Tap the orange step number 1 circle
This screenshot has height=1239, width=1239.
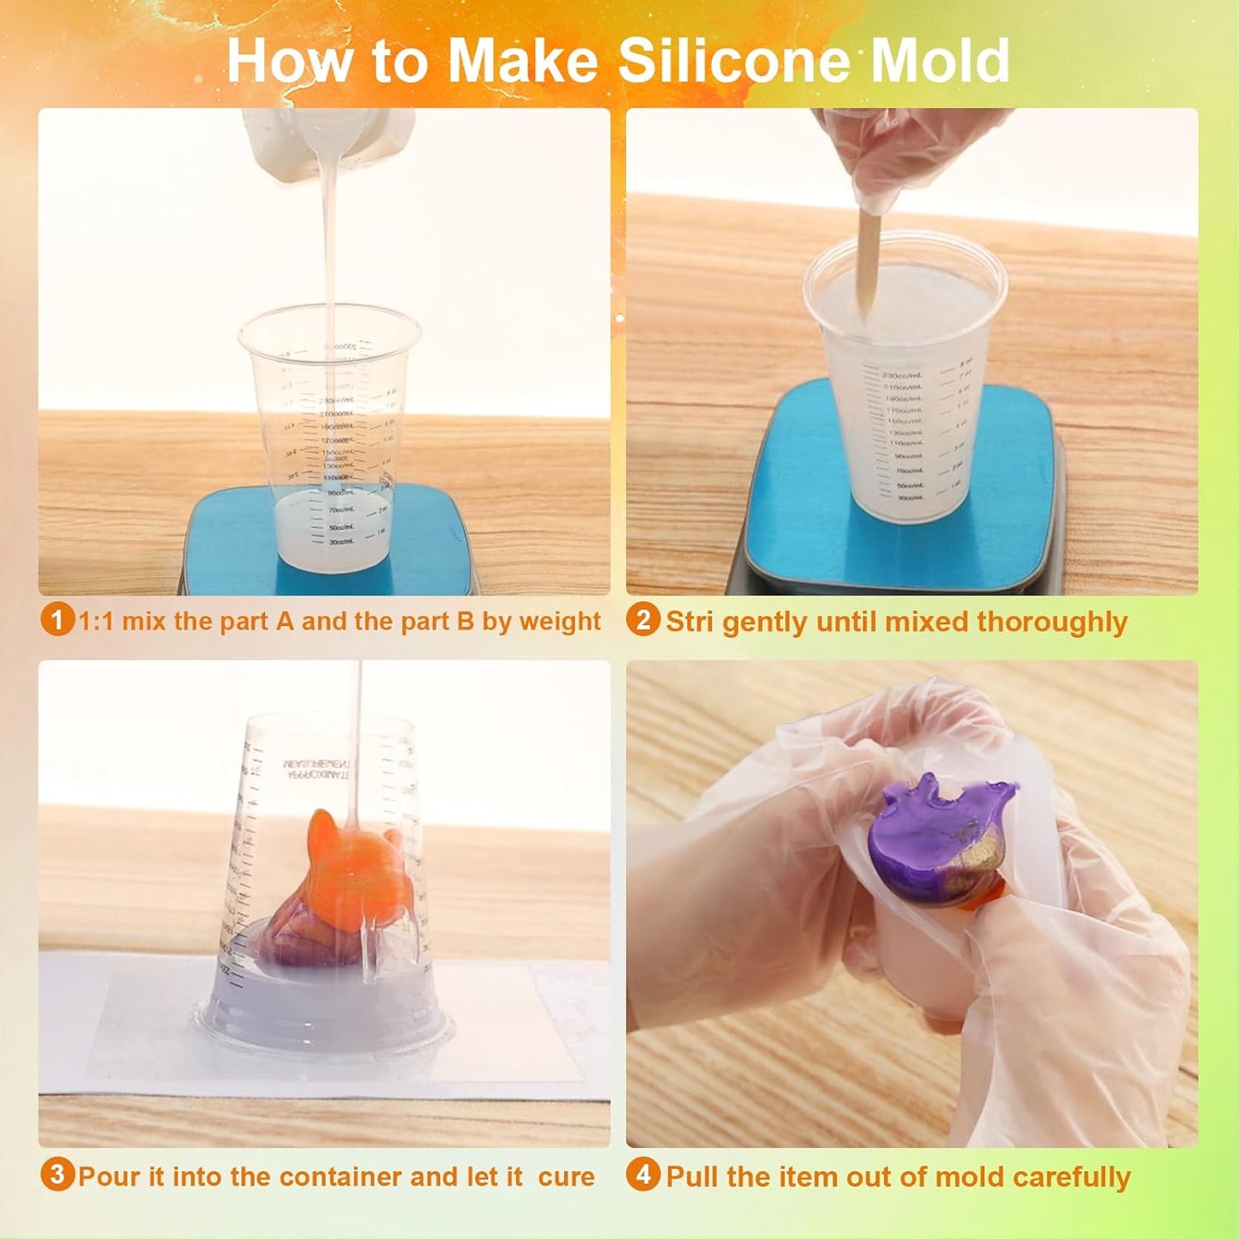[57, 619]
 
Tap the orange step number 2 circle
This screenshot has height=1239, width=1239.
[643, 619]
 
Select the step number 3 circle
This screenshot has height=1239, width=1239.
[57, 1174]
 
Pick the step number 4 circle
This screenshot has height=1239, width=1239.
[643, 1174]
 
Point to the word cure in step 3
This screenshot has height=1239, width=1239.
[566, 1176]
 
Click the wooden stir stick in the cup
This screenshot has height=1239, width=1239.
[869, 257]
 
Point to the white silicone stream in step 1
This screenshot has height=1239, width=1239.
[328, 257]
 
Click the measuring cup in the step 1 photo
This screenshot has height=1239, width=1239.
[329, 437]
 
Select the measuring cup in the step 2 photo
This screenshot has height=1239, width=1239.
[905, 386]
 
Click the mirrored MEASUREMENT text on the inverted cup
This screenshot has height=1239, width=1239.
[317, 768]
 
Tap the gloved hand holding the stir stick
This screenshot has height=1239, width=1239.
[900, 154]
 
